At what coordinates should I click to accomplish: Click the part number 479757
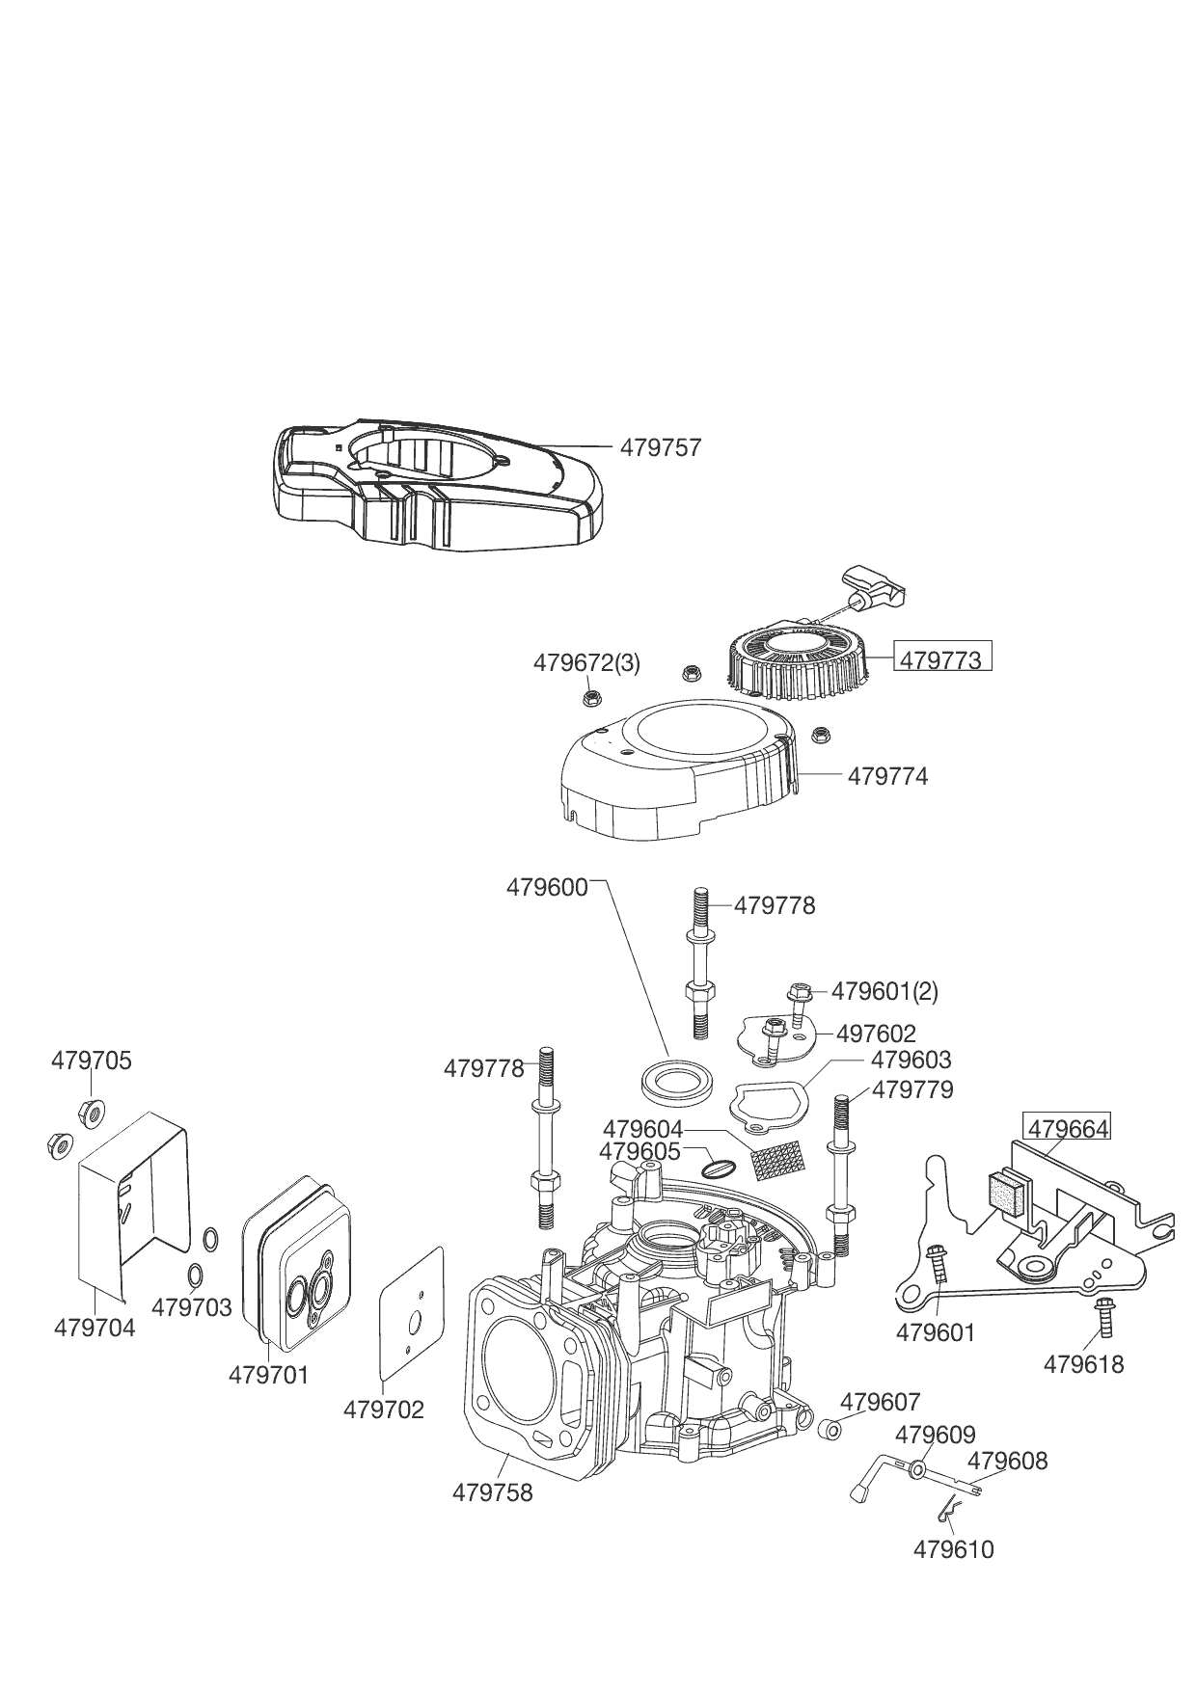[661, 447]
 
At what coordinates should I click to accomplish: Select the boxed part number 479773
[940, 659]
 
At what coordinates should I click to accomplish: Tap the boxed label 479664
[1068, 1128]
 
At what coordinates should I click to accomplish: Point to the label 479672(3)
[586, 663]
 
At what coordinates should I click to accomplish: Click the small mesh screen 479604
[776, 1162]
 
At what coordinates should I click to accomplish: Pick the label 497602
[876, 1034]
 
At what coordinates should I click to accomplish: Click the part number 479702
[383, 1410]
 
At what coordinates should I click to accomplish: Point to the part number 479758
[492, 1492]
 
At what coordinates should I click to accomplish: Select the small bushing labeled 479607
[828, 1427]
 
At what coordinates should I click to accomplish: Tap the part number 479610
[953, 1549]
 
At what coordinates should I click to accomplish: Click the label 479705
[91, 1061]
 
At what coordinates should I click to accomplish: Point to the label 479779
[912, 1089]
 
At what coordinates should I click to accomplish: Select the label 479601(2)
[884, 991]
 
